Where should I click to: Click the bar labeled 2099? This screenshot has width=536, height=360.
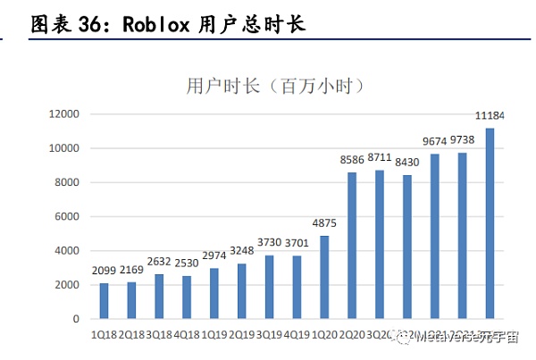click(x=104, y=301)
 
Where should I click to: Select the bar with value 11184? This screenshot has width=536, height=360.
click(x=490, y=223)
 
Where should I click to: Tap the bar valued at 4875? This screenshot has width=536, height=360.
click(x=324, y=277)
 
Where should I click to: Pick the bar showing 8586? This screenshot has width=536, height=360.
click(x=352, y=246)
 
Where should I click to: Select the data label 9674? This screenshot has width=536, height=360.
click(x=434, y=142)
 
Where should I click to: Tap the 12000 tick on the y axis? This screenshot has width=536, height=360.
click(x=64, y=114)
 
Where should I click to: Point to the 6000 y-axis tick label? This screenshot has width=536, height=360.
click(x=67, y=217)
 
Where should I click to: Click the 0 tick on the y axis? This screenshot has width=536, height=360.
click(x=77, y=319)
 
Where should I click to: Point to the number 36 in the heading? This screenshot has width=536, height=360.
click(x=94, y=24)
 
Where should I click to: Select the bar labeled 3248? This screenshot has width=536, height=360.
click(x=241, y=291)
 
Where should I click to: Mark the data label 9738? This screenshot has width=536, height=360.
click(x=462, y=140)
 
